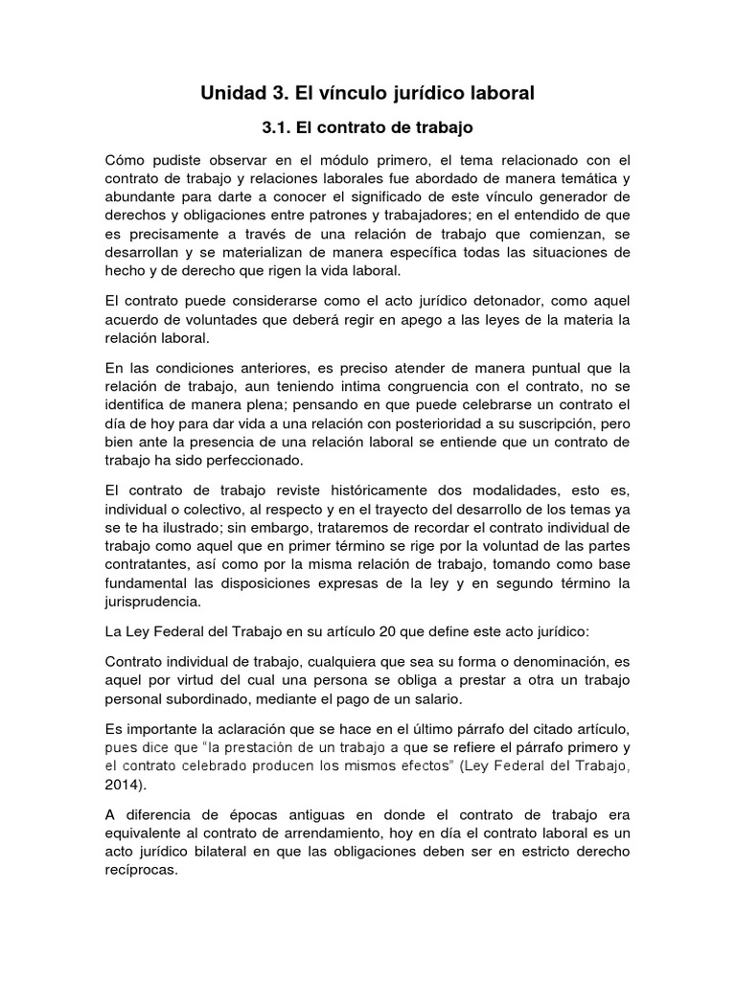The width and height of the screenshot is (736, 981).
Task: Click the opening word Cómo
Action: click(126, 160)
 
